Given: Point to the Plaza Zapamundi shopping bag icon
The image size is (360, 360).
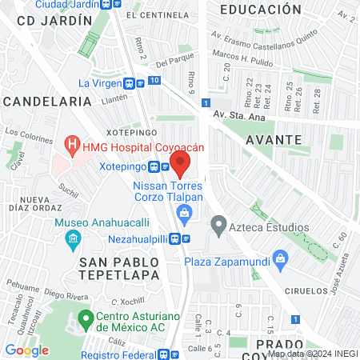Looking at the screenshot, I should click(x=280, y=258).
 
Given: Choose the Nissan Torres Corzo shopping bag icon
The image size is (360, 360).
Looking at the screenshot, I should click(x=185, y=212).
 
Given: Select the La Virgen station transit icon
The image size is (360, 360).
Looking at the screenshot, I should click(x=130, y=82).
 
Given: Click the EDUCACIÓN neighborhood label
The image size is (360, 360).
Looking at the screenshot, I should click(x=258, y=10).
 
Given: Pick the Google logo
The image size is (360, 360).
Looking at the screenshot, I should click(x=26, y=350).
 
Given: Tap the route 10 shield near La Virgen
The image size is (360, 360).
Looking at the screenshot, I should click(x=154, y=80).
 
